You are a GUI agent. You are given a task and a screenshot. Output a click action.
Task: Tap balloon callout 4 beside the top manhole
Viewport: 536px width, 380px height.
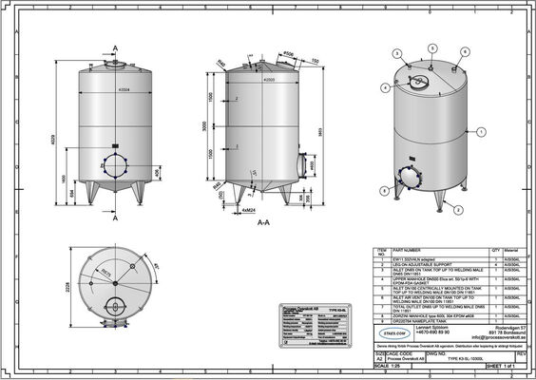pyautogui.click(x=385, y=87)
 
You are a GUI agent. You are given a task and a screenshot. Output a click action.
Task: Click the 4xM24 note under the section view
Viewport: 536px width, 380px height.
pyautogui.click(x=250, y=209)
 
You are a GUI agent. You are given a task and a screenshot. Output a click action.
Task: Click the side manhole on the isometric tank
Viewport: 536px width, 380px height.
pyautogui.click(x=394, y=178)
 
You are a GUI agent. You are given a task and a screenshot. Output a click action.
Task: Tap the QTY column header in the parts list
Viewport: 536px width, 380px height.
pyautogui.click(x=494, y=249)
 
